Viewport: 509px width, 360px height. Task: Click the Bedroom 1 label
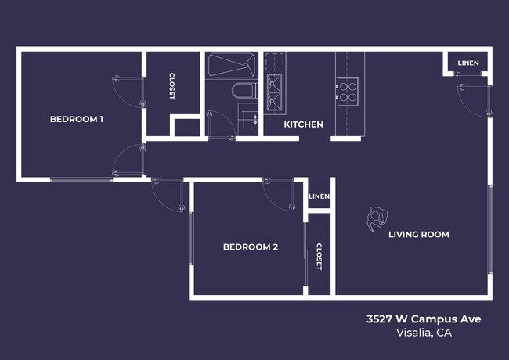pos(77,119)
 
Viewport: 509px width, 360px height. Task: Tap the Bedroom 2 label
pos(251,247)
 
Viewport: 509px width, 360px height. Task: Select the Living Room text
pos(419,234)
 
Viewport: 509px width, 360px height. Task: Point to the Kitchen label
pos(303,124)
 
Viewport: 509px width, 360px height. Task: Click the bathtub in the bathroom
pos(231,65)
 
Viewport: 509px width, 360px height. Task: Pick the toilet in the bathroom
pos(244,90)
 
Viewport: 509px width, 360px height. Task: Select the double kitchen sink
pos(274,90)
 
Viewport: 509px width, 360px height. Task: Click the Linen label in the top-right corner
pos(468,63)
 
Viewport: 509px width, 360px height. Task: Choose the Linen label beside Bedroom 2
pos(319,196)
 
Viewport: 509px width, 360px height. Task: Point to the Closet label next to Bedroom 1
pos(172,86)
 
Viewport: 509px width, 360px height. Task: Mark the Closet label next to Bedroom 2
pos(319,257)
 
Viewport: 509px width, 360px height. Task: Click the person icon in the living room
pos(377,220)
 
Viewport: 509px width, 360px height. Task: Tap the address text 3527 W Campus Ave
pos(424,319)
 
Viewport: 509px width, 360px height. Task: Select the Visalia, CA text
pos(424,333)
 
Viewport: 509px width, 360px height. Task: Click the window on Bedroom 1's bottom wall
pos(81,180)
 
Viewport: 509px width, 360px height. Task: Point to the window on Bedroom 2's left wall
pos(192,239)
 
